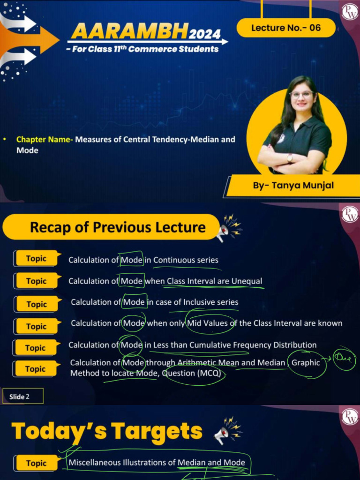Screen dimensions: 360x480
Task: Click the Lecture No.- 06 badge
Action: pyautogui.click(x=286, y=28)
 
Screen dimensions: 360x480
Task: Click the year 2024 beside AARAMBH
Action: pyautogui.click(x=204, y=33)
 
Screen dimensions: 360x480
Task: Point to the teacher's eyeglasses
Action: pyautogui.click(x=301, y=94)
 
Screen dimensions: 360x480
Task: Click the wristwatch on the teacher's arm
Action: pyautogui.click(x=289, y=158)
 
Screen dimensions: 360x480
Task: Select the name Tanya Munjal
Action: pyautogui.click(x=302, y=185)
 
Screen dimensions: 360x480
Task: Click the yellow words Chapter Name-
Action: pyautogui.click(x=45, y=140)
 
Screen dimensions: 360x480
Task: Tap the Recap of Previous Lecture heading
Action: pyautogui.click(x=118, y=227)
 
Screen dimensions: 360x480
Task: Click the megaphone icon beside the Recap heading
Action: pyautogui.click(x=228, y=228)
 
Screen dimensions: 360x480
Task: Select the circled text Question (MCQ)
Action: pyautogui.click(x=191, y=373)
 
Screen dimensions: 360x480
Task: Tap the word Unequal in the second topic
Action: pyautogui.click(x=247, y=281)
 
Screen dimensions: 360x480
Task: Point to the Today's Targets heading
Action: pyautogui.click(x=107, y=431)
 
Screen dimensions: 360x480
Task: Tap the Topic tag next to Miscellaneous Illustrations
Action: pyautogui.click(x=37, y=463)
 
